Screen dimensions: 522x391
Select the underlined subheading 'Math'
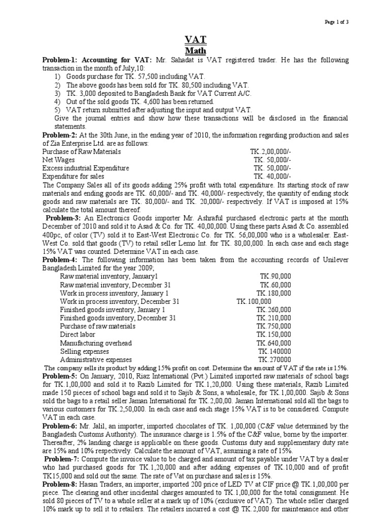coord(195,51)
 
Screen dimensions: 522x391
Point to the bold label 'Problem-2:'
coord(60,135)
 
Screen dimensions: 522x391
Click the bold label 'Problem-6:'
coord(60,426)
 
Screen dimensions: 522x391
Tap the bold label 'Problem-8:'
coord(60,493)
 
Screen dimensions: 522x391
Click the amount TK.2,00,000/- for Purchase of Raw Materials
coord(271,151)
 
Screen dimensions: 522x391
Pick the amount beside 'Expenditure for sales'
coord(272,176)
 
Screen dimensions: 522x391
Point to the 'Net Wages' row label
coord(56,160)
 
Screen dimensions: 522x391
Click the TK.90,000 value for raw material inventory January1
coord(275,276)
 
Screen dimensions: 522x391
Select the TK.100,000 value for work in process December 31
coord(254,301)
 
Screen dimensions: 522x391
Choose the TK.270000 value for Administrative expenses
coord(274,359)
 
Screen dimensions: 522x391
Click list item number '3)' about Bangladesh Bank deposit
coord(58,93)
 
